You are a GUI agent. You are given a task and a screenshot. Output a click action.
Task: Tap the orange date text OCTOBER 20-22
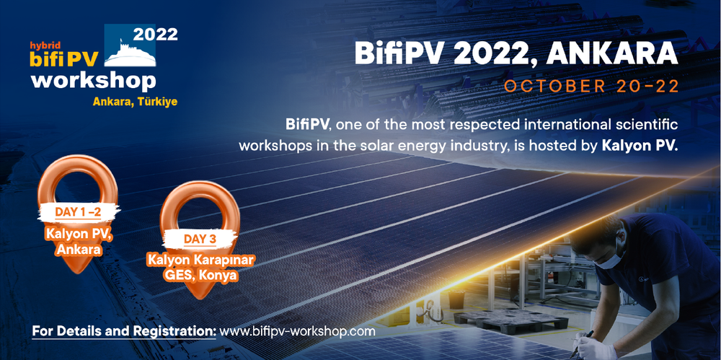click(x=591, y=87)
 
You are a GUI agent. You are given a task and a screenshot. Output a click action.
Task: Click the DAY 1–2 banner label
click(x=78, y=212)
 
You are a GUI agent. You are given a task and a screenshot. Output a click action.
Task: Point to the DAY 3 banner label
click(x=200, y=239)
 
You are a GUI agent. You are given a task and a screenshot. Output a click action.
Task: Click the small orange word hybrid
click(x=43, y=45)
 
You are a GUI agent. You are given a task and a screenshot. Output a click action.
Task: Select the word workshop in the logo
click(x=93, y=82)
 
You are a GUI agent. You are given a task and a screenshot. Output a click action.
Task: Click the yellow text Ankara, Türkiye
click(x=135, y=102)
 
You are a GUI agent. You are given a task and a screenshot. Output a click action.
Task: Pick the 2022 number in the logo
click(x=155, y=34)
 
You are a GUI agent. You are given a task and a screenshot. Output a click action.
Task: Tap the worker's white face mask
click(x=609, y=260)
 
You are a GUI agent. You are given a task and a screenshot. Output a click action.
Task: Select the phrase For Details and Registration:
click(x=124, y=330)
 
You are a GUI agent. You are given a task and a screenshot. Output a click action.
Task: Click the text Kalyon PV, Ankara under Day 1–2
click(x=79, y=241)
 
